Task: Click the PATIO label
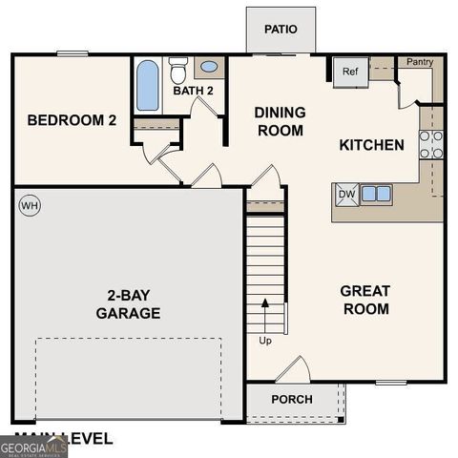[281, 29]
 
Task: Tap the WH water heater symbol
[29, 205]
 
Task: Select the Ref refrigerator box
[349, 72]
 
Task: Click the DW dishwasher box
[344, 195]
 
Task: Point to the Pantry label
[420, 62]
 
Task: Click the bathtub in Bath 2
[148, 86]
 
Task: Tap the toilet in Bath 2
[178, 70]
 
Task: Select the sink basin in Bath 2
[208, 68]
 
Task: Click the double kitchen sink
[376, 194]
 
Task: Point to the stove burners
[431, 143]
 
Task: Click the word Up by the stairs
[264, 340]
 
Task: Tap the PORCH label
[292, 399]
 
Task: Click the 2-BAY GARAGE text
[128, 304]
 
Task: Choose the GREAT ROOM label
[365, 300]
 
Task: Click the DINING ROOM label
[280, 121]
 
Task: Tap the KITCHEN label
[372, 145]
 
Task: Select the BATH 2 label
[194, 91]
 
